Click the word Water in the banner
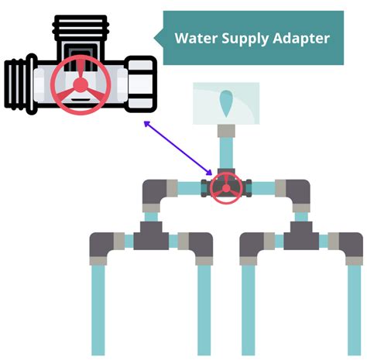(x=197, y=38)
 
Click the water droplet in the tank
(x=226, y=103)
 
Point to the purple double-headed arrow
(x=178, y=148)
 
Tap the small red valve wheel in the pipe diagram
(x=226, y=188)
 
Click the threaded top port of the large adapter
(x=81, y=27)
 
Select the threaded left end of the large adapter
(x=20, y=84)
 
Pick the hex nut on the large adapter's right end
(x=140, y=84)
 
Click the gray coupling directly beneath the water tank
(x=226, y=131)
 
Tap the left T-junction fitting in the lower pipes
(x=151, y=235)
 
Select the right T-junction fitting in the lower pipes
(x=301, y=235)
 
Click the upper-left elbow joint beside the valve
(x=154, y=191)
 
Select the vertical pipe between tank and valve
(x=226, y=153)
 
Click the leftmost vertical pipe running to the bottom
(x=98, y=310)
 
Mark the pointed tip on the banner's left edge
(x=154, y=38)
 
